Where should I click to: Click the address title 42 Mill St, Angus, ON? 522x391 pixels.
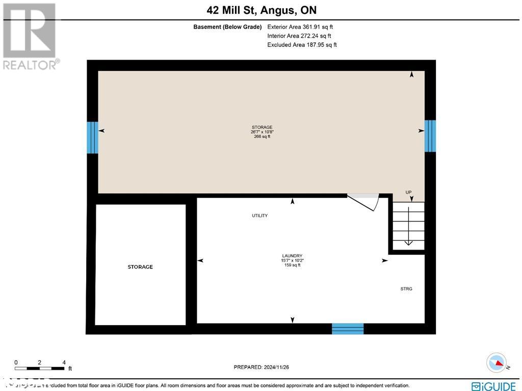[261, 10]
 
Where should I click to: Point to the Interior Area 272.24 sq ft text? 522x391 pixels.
[299, 36]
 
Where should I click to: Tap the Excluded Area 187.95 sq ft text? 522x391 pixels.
[302, 45]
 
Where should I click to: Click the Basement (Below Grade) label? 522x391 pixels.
[227, 27]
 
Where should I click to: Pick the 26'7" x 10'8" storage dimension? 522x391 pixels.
[262, 132]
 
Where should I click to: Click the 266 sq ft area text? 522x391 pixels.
[262, 137]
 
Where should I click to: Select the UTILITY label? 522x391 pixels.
[259, 216]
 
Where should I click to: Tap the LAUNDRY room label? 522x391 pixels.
[292, 256]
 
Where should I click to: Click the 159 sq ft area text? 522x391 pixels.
[292, 265]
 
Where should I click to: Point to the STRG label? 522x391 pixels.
[406, 289]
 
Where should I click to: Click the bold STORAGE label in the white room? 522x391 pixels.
[140, 267]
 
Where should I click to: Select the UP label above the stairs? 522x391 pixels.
[408, 192]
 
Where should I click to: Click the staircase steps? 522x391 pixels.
[408, 225]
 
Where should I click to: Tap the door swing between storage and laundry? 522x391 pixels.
[366, 201]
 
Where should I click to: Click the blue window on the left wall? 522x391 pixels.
[92, 137]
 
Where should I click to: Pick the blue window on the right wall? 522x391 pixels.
[430, 136]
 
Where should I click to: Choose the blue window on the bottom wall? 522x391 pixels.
[348, 329]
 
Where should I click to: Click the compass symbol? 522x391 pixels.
[496, 363]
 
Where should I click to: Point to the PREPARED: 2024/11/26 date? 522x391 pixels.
[261, 367]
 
